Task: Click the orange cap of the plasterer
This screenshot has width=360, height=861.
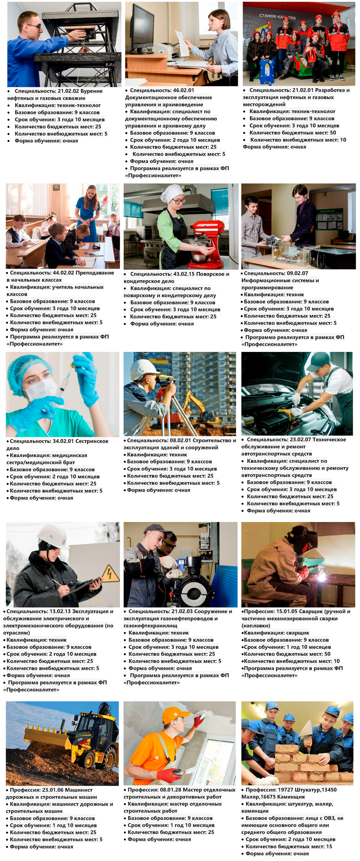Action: point(175,715)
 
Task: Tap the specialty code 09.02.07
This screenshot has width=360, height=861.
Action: point(298,273)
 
